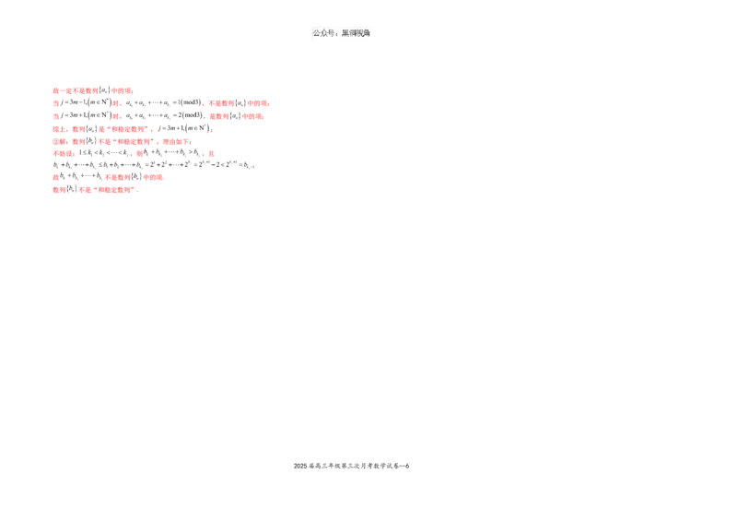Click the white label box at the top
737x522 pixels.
tap(343, 33)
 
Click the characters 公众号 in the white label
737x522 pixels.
tap(323, 33)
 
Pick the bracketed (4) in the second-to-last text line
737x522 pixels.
tap(135, 176)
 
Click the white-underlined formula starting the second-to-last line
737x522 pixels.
tap(80, 176)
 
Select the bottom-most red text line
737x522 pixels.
tap(96, 192)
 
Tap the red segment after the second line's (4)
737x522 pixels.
tap(259, 103)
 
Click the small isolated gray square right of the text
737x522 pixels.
tap(247, 172)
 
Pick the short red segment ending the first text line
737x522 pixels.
tap(122, 90)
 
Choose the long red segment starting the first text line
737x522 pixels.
tap(76, 90)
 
